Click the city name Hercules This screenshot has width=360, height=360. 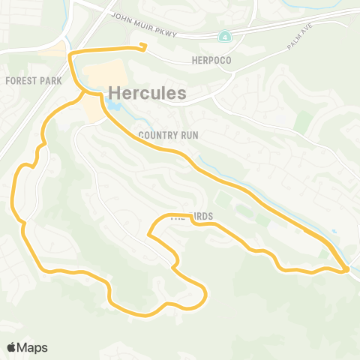coord(148,93)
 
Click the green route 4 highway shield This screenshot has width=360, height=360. coord(226,36)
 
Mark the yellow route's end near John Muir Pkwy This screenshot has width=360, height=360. coord(143,48)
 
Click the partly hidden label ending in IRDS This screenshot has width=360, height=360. coord(193,217)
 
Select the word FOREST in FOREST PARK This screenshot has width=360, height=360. coord(17,79)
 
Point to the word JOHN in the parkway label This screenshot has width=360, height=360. coord(121,16)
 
